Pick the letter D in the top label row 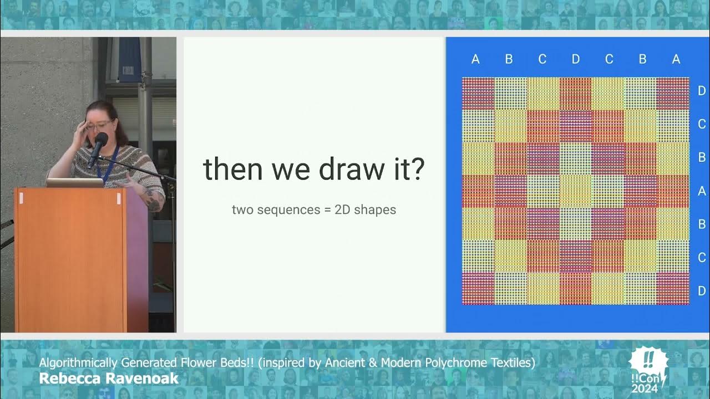(576, 59)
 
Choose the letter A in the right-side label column (702, 191)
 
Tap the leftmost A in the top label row (475, 59)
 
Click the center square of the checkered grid (576, 191)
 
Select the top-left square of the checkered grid (478, 94)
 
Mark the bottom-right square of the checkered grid (673, 288)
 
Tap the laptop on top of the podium (74, 182)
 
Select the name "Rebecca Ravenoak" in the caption (109, 378)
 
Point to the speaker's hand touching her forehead (83, 123)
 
